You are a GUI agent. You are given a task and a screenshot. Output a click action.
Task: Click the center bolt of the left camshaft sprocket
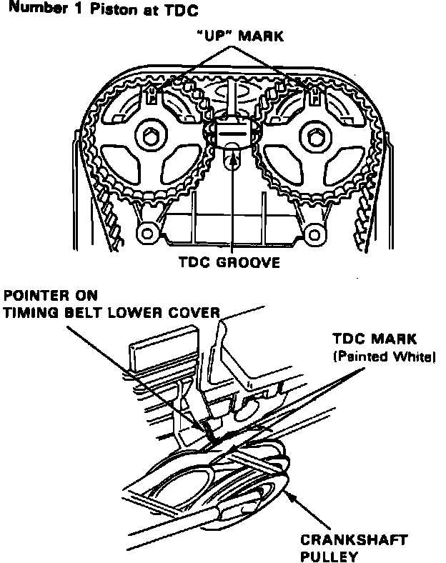(x=149, y=136)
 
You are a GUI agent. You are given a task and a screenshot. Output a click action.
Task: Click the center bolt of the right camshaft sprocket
(x=315, y=136)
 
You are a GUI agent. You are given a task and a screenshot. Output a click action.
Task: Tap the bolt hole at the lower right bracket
(x=312, y=232)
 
